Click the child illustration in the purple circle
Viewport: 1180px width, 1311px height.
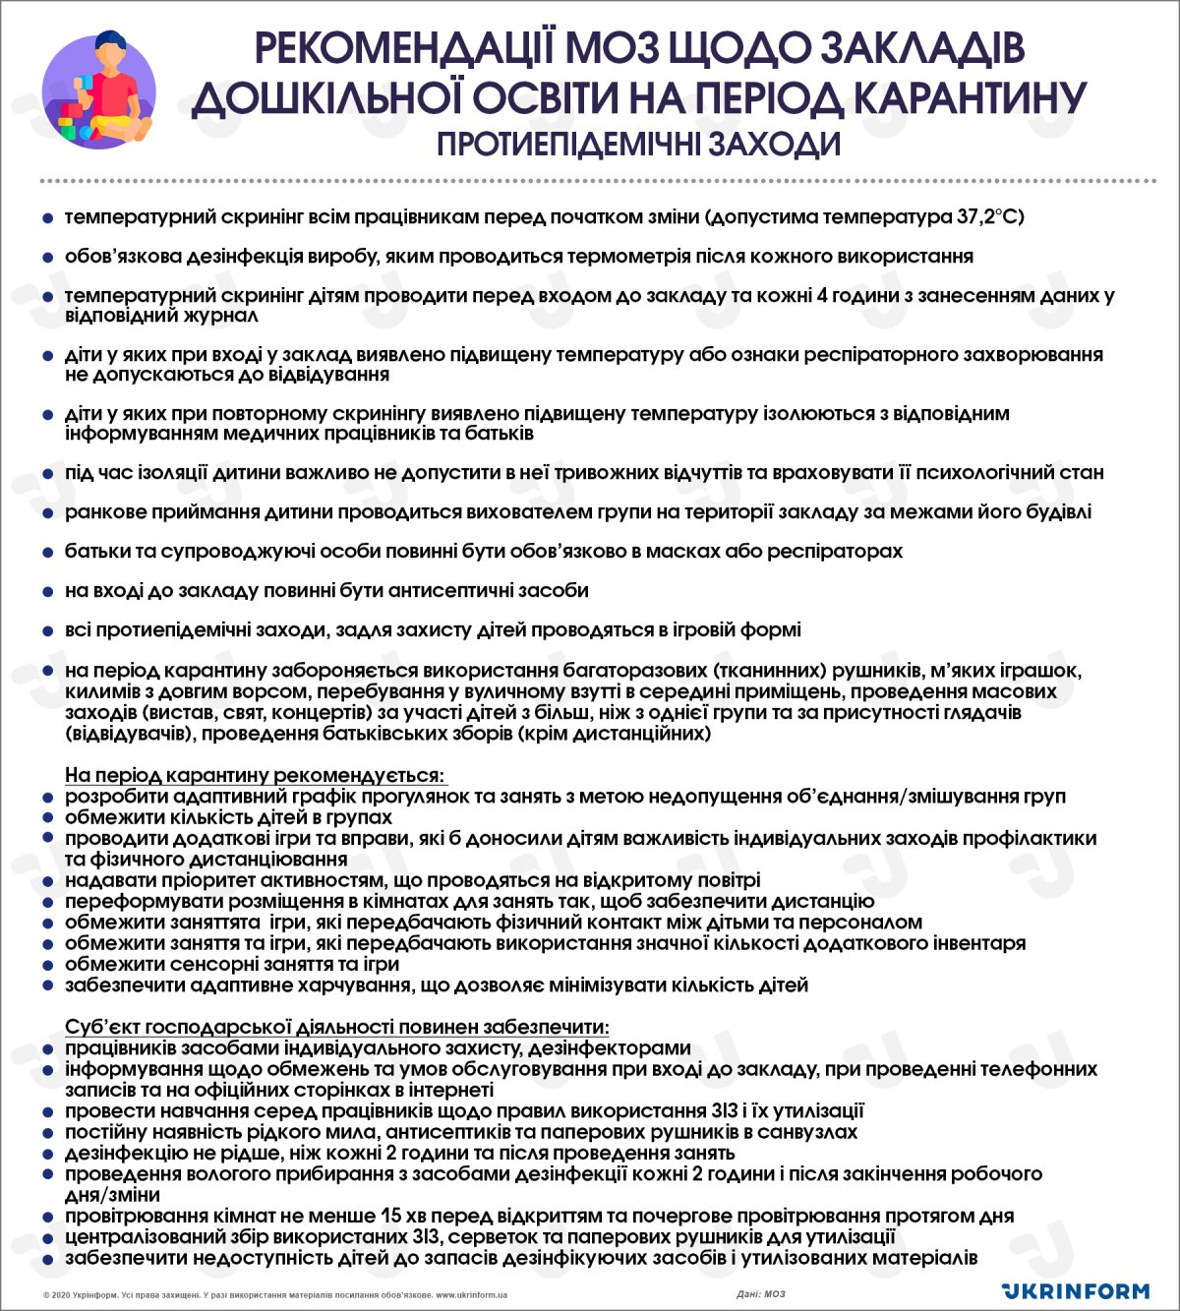pyautogui.click(x=98, y=91)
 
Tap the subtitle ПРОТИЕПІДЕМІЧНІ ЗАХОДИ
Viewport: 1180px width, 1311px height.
pyautogui.click(x=638, y=145)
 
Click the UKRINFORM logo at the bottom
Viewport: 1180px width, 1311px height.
pyautogui.click(x=1075, y=1290)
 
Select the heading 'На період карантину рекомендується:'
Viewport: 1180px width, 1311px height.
pyautogui.click(x=255, y=776)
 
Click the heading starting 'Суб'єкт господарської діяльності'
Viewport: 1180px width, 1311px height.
pyautogui.click(x=336, y=1027)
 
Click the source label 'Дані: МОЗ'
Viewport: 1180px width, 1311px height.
pyautogui.click(x=761, y=1294)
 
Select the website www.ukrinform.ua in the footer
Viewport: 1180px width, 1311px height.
pyautogui.click(x=471, y=1295)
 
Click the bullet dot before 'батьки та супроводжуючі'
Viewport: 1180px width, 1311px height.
pyautogui.click(x=47, y=553)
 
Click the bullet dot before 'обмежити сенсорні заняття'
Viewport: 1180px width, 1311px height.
pyautogui.click(x=47, y=965)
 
